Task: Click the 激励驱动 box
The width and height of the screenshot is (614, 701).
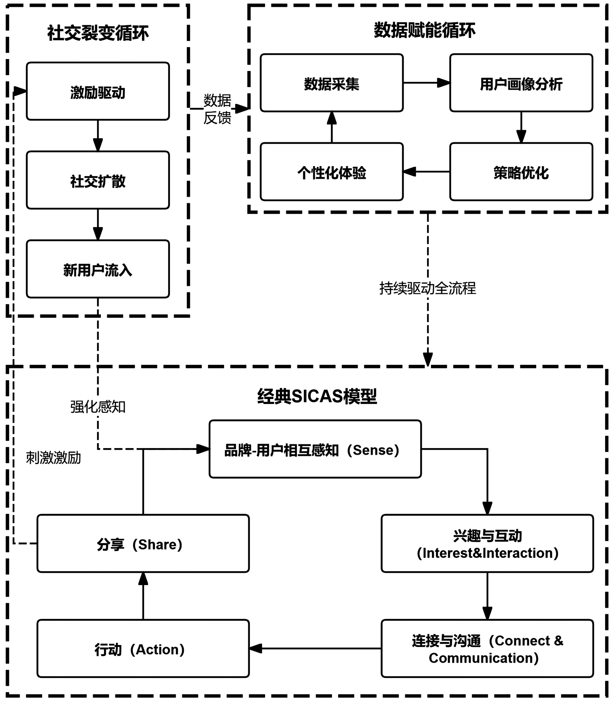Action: [98, 91]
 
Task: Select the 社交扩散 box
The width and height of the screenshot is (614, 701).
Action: [98, 180]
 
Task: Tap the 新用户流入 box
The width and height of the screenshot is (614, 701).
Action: [98, 269]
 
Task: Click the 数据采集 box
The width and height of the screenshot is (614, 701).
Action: [332, 83]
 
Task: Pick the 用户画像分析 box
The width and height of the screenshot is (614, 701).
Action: [521, 83]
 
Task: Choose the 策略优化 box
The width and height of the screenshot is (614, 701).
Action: [521, 172]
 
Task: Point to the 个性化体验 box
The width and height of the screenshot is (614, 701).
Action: [332, 172]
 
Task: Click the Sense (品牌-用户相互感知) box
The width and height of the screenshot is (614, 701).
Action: [315, 449]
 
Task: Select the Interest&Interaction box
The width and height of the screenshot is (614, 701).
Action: [487, 544]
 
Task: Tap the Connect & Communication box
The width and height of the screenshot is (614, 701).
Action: [487, 649]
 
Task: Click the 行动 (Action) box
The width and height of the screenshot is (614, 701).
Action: [143, 649]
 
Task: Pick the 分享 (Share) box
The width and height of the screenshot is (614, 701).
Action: [143, 544]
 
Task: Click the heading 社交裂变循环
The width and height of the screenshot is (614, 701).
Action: [98, 33]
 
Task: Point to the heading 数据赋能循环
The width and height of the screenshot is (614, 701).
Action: [424, 30]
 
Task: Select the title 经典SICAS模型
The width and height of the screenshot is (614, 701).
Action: [317, 396]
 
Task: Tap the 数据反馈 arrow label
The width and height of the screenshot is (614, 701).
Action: [217, 109]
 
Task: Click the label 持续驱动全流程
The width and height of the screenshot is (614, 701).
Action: [427, 288]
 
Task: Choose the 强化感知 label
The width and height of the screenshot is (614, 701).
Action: [98, 407]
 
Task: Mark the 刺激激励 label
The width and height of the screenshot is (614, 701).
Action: [53, 458]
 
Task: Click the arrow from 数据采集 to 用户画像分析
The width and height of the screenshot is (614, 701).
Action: [426, 82]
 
